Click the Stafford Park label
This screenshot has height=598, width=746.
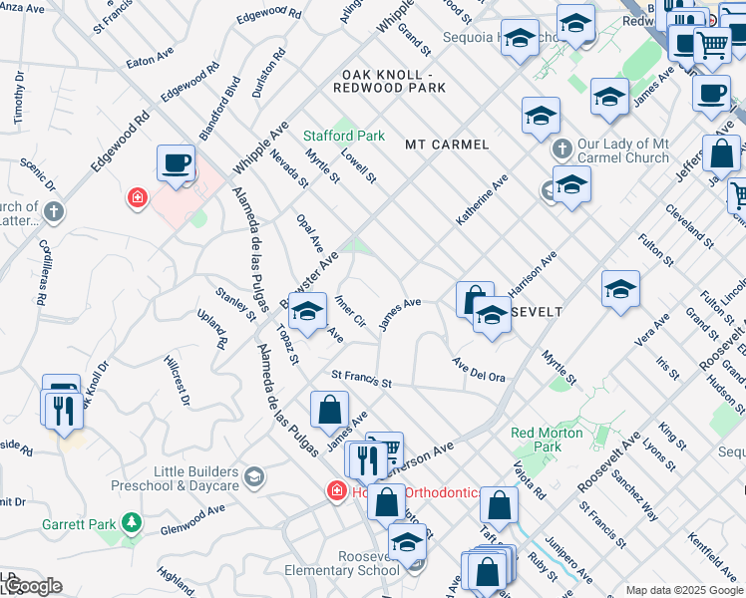click(344, 135)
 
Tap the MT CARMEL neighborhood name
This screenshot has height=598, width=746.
click(447, 145)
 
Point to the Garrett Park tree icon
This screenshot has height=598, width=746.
click(131, 522)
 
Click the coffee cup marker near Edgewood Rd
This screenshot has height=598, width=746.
click(176, 163)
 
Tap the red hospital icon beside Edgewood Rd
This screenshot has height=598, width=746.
click(136, 198)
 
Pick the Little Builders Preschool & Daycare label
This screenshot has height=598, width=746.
click(196, 478)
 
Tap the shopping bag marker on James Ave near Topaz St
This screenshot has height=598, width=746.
click(329, 409)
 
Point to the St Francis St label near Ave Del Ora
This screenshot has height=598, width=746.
click(361, 381)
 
